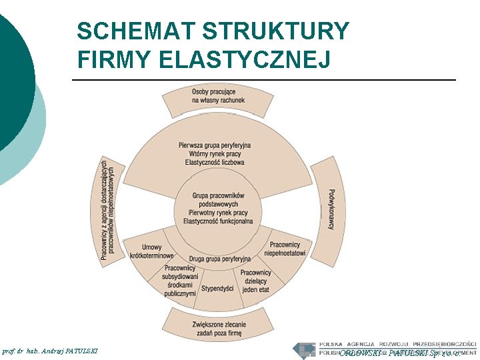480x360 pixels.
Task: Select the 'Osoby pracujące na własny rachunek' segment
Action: coord(217,96)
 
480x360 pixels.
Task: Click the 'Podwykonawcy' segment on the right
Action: coord(329,209)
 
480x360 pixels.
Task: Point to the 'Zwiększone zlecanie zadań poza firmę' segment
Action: coord(218,328)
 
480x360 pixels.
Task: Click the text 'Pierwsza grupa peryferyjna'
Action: coord(215,145)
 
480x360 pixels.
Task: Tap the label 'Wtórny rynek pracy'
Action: coord(215,154)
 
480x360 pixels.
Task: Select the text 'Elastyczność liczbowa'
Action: coord(215,162)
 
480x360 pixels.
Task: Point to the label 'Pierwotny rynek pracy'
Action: coord(218,213)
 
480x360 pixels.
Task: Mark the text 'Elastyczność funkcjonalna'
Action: coord(218,221)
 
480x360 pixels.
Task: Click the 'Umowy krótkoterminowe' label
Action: coord(151,252)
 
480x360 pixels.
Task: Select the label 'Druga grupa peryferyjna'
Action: coord(220,259)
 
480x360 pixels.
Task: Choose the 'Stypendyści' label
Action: coord(217,289)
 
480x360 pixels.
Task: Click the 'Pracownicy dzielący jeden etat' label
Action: coord(255,281)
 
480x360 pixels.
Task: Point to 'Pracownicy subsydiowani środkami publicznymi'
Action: coord(180,281)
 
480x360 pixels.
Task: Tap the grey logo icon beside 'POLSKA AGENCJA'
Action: coord(305,349)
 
